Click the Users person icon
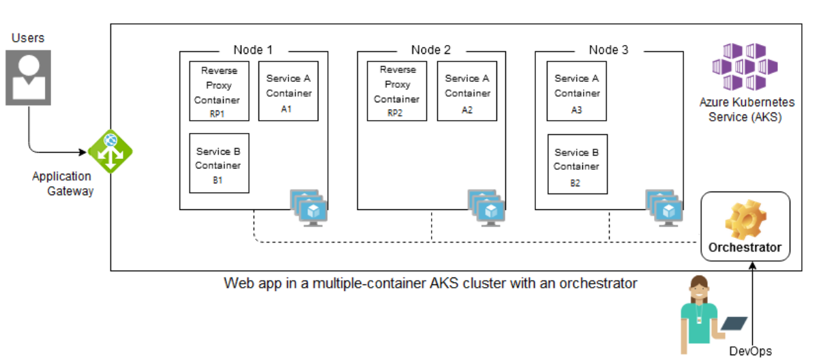point(28,77)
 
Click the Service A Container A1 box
point(288,91)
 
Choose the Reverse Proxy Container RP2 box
point(395,91)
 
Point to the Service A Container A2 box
point(467,91)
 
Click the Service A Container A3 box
point(577,91)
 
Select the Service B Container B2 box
point(577,164)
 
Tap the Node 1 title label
point(253,50)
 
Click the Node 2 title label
point(431,50)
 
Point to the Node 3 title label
point(609,50)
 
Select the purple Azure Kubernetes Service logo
point(746,66)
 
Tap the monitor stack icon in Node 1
point(309,207)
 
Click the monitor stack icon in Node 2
point(487,207)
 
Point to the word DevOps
point(750,351)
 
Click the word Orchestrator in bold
point(745,247)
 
